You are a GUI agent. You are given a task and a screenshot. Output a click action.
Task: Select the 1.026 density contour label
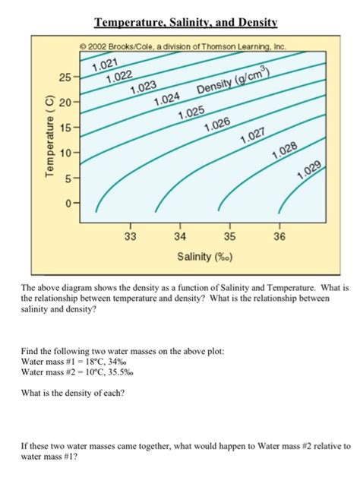(x=217, y=124)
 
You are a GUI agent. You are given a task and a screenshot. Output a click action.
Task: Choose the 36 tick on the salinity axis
(x=279, y=237)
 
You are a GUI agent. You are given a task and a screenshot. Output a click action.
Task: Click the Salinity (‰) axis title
(x=205, y=257)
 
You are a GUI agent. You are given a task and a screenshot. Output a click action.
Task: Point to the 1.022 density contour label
(x=118, y=77)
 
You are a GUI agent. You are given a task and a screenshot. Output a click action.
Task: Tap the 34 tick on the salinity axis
(x=179, y=237)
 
